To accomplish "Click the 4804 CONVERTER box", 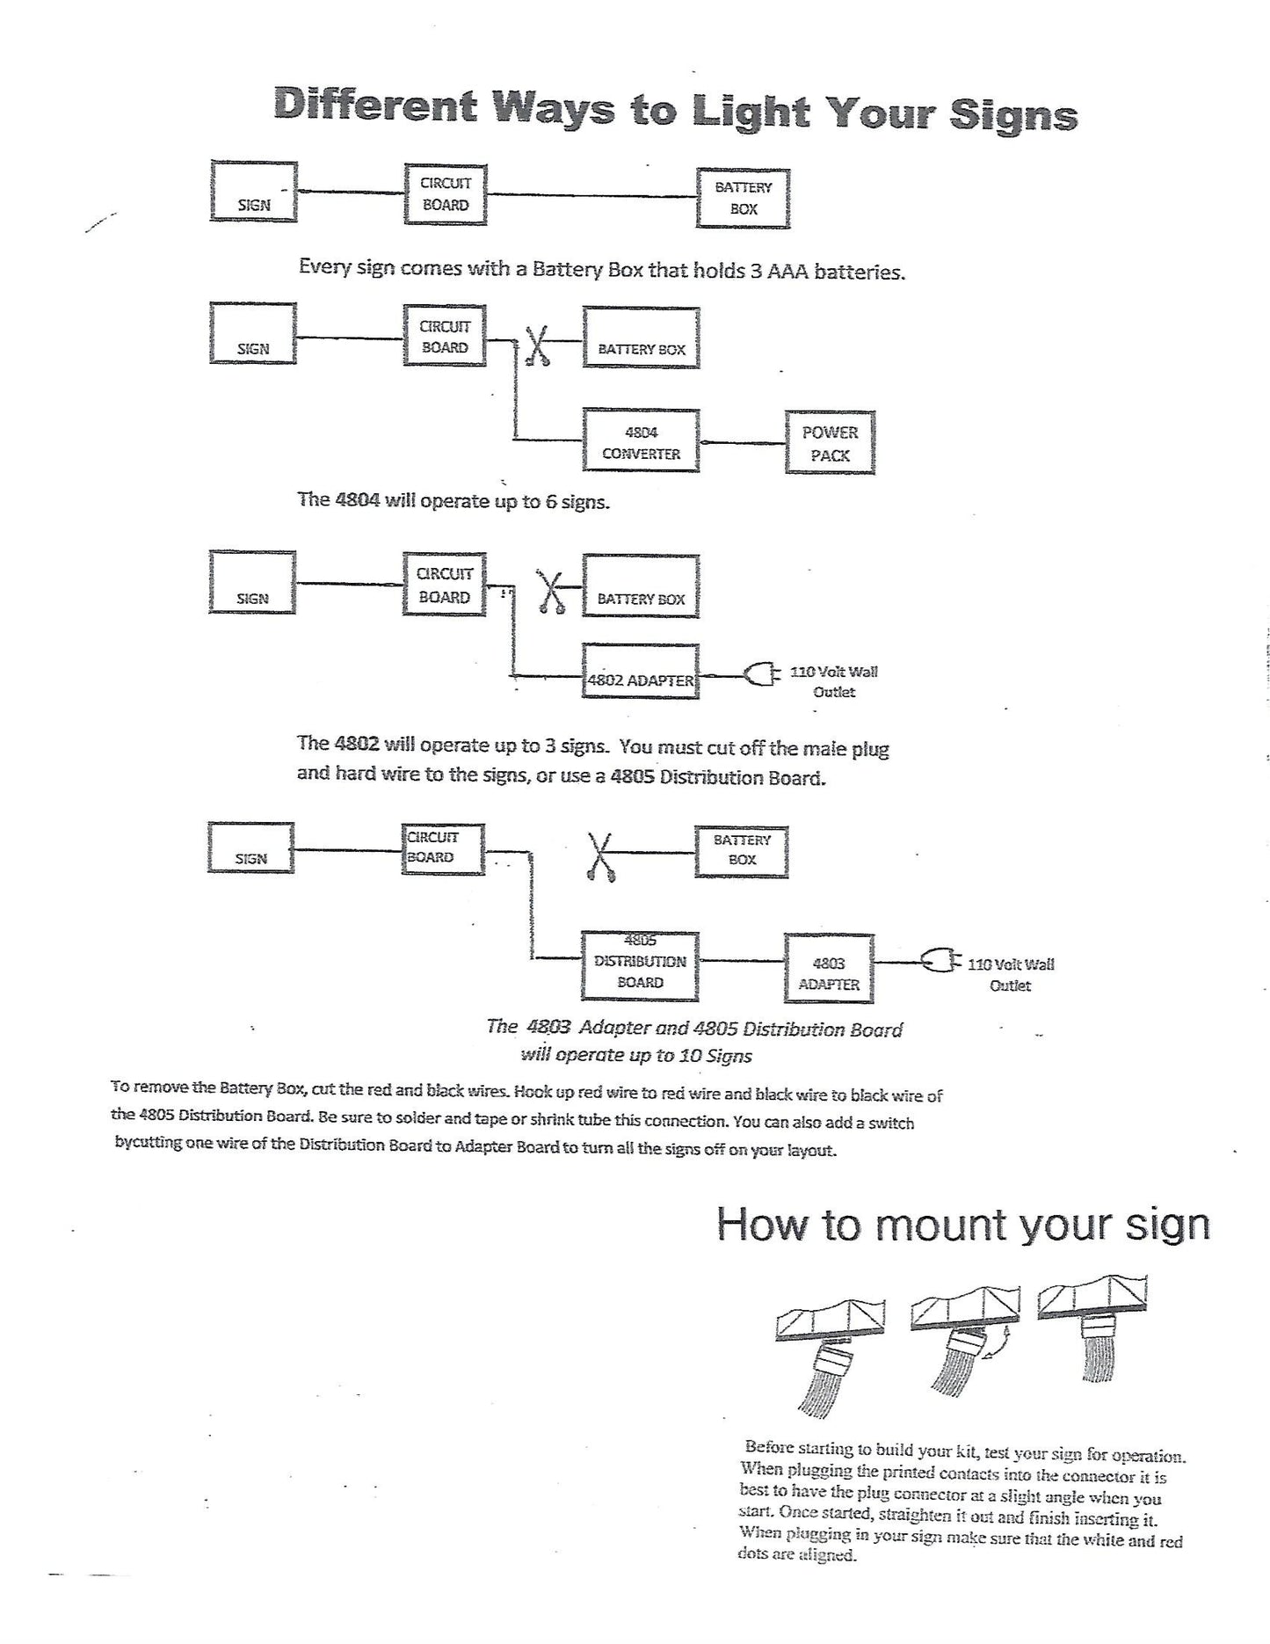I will pos(642,442).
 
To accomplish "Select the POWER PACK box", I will pos(830,443).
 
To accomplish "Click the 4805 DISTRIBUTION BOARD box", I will pos(640,966).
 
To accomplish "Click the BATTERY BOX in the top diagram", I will pos(743,199).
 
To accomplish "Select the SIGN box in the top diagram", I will pos(253,193).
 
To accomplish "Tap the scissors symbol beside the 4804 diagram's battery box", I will pos(537,346).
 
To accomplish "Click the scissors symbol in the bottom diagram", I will pos(600,856).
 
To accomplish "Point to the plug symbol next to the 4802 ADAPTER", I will pos(761,675).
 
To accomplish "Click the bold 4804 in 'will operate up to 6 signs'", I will pos(357,500).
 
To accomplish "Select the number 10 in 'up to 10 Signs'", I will pos(689,1055).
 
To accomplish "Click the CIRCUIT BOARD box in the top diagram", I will pos(445,194).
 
